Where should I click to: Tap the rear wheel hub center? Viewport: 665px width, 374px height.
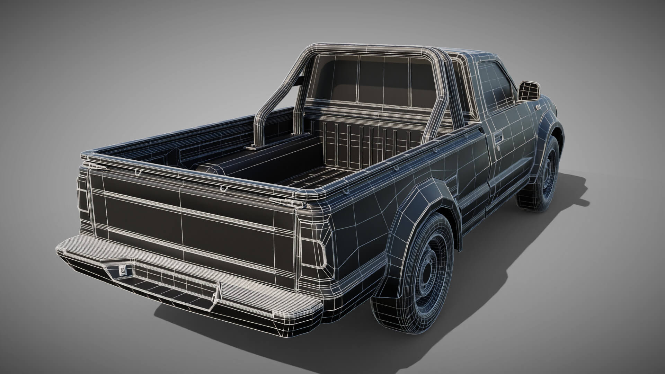[x=429, y=269]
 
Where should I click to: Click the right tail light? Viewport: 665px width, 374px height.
[x=313, y=251]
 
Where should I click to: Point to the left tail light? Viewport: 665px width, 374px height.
[x=83, y=196]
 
